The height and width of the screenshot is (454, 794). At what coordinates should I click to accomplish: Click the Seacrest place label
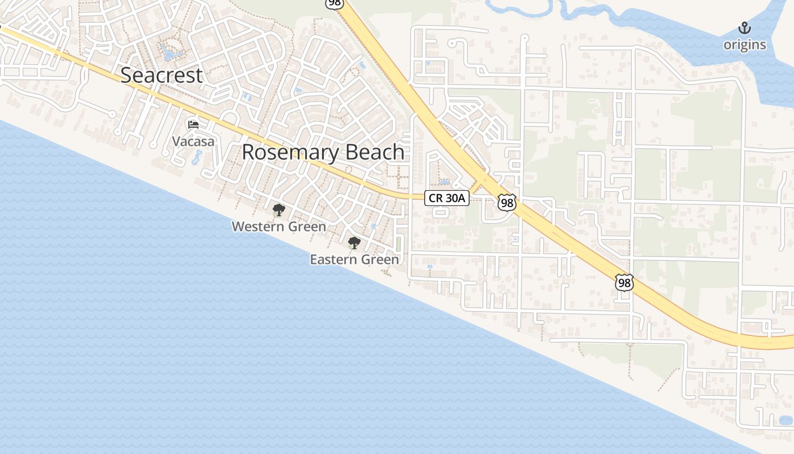[162, 75]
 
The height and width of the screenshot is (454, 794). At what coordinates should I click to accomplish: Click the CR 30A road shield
[447, 198]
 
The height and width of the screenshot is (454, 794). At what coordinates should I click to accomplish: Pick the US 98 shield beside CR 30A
[507, 203]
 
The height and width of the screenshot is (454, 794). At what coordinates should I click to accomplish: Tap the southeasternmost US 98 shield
[624, 282]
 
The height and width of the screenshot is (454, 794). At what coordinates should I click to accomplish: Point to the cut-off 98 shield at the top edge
[335, 3]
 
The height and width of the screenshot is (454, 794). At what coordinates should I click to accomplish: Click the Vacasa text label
[193, 141]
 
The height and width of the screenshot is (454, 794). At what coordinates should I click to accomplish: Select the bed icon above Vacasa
[193, 124]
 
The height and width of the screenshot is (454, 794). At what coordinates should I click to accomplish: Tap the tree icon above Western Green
[278, 211]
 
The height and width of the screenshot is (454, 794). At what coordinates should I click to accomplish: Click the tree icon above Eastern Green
[354, 243]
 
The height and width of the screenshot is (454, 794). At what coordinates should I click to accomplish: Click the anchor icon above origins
[744, 28]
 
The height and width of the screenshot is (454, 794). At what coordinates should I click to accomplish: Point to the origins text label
[744, 45]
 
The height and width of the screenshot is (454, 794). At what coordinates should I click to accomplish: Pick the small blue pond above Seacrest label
[170, 54]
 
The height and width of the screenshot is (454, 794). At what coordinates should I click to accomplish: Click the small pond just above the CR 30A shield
[444, 182]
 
